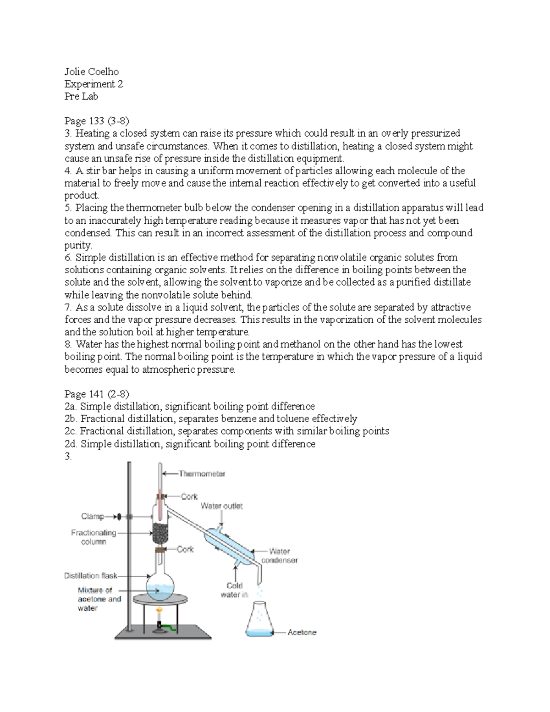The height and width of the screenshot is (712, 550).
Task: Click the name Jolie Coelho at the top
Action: pyautogui.click(x=91, y=72)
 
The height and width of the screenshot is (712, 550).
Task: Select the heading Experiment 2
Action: pyautogui.click(x=93, y=84)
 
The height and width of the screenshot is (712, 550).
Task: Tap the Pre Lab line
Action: pyautogui.click(x=81, y=96)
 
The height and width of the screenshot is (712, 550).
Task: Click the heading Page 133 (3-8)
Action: pyautogui.click(x=97, y=121)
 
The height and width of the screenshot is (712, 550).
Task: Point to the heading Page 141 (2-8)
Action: pyautogui.click(x=97, y=394)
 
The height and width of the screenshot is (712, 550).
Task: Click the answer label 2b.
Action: pyautogui.click(x=71, y=419)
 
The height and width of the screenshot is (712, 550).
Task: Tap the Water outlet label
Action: pyautogui.click(x=221, y=506)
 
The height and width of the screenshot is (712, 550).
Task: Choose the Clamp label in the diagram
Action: pyautogui.click(x=93, y=517)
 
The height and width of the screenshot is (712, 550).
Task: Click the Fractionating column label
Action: pyautogui.click(x=93, y=537)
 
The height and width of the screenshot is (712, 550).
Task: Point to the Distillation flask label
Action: pyautogui.click(x=91, y=575)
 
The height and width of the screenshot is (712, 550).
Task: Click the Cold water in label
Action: pyautogui.click(x=234, y=590)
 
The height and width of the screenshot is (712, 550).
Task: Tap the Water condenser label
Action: pyautogui.click(x=279, y=556)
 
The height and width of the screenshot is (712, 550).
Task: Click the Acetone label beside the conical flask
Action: pyautogui.click(x=302, y=632)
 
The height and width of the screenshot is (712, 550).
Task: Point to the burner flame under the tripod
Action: pyautogui.click(x=160, y=611)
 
